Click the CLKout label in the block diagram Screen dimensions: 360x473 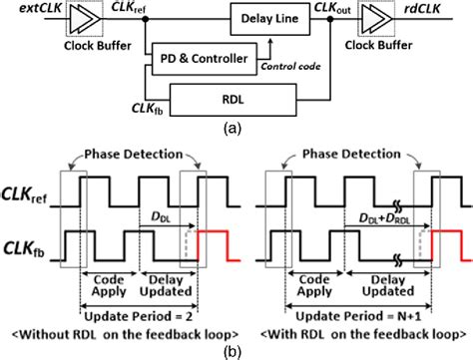pyautogui.click(x=336, y=9)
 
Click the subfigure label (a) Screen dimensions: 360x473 pyautogui.click(x=236, y=126)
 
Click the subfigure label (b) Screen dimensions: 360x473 pyautogui.click(x=236, y=349)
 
